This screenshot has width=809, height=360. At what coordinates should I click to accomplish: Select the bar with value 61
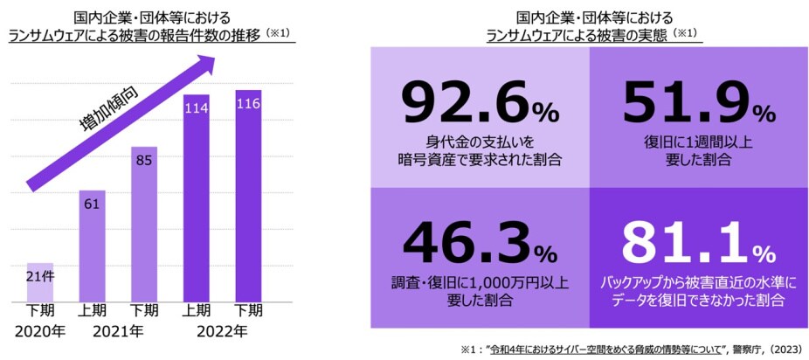click(92, 245)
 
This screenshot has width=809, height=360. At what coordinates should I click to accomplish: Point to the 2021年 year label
click(117, 332)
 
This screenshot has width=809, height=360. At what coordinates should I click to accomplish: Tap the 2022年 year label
click(221, 332)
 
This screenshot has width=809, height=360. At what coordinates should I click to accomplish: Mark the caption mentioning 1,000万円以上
click(479, 291)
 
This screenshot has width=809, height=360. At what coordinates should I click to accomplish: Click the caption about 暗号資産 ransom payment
click(479, 151)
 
